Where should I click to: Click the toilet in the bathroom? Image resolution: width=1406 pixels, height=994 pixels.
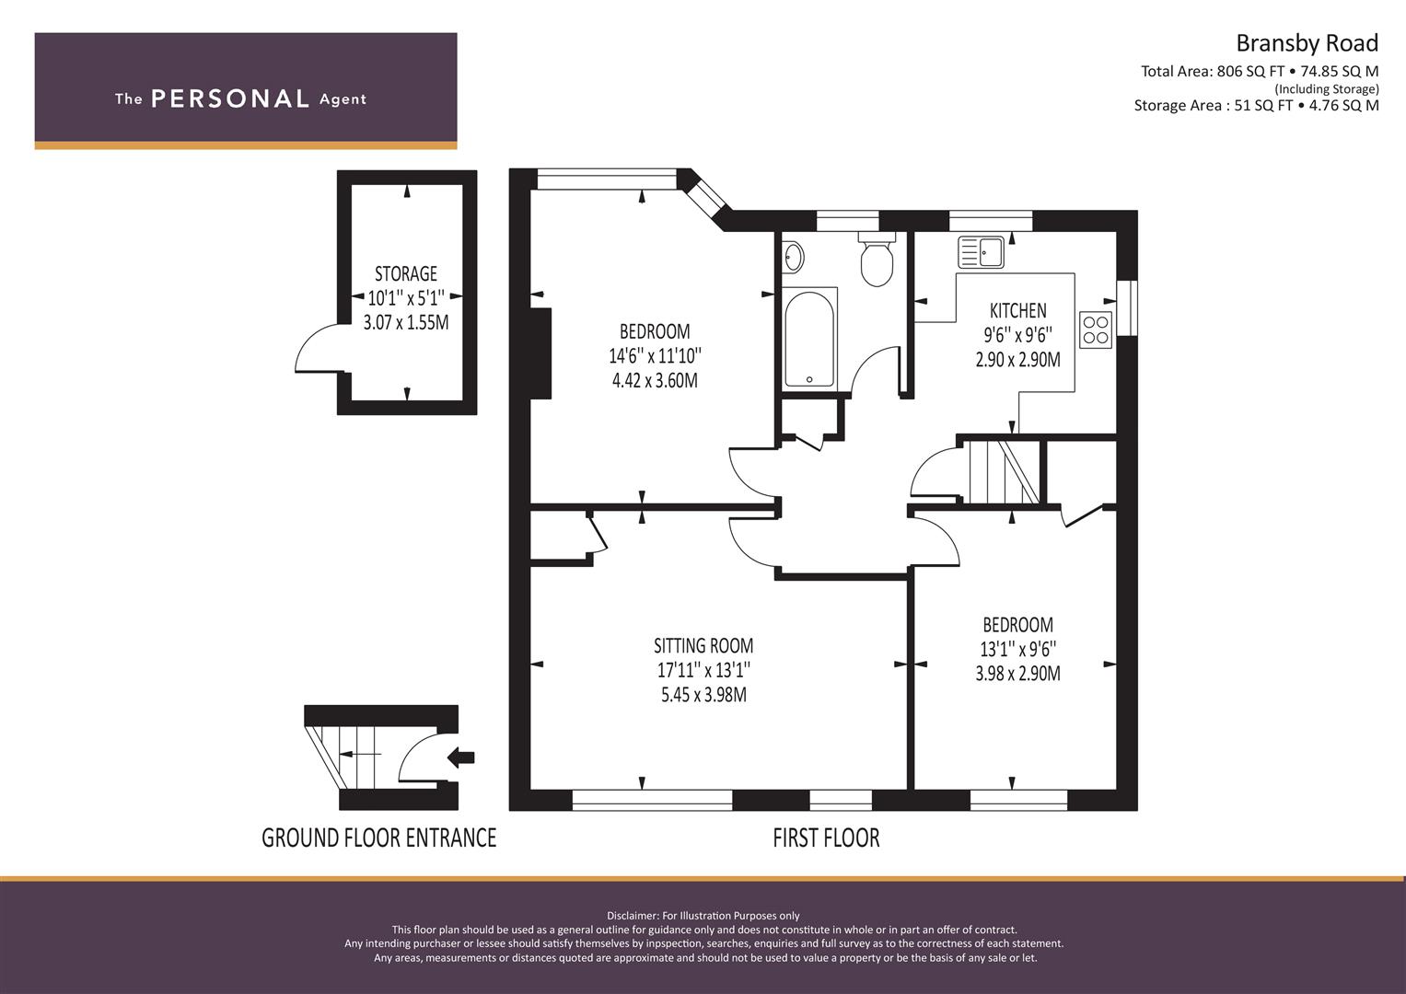(x=877, y=260)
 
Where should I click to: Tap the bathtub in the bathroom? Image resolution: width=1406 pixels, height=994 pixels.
(x=809, y=339)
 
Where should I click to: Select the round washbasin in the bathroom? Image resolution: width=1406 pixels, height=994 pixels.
(x=794, y=258)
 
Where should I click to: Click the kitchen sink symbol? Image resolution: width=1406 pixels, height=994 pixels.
(x=981, y=251)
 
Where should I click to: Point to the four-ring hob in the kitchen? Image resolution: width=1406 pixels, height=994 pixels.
(x=1096, y=329)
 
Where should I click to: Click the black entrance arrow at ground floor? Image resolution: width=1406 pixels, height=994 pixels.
(x=460, y=758)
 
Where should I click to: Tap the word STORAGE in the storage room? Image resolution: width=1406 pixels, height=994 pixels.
(x=406, y=273)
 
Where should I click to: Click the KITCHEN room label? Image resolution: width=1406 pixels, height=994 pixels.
(x=1018, y=311)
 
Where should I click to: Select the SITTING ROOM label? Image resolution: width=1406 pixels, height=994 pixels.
(x=703, y=645)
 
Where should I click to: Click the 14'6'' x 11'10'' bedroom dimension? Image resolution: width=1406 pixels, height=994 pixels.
(x=655, y=356)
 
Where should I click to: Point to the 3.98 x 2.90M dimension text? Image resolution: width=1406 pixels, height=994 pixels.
(x=1018, y=674)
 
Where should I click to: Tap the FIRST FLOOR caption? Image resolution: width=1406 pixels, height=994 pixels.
(x=826, y=838)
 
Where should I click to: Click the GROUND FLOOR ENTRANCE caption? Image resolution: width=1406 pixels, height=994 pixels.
(x=379, y=838)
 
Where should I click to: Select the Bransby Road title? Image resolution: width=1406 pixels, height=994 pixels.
(x=1307, y=43)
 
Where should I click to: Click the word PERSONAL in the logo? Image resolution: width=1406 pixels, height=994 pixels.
(x=230, y=98)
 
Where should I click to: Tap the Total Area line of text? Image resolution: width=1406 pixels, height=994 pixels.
(x=1260, y=72)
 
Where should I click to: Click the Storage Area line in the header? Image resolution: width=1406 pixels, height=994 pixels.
(x=1257, y=106)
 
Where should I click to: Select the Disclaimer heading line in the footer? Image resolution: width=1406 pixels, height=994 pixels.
(x=703, y=916)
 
